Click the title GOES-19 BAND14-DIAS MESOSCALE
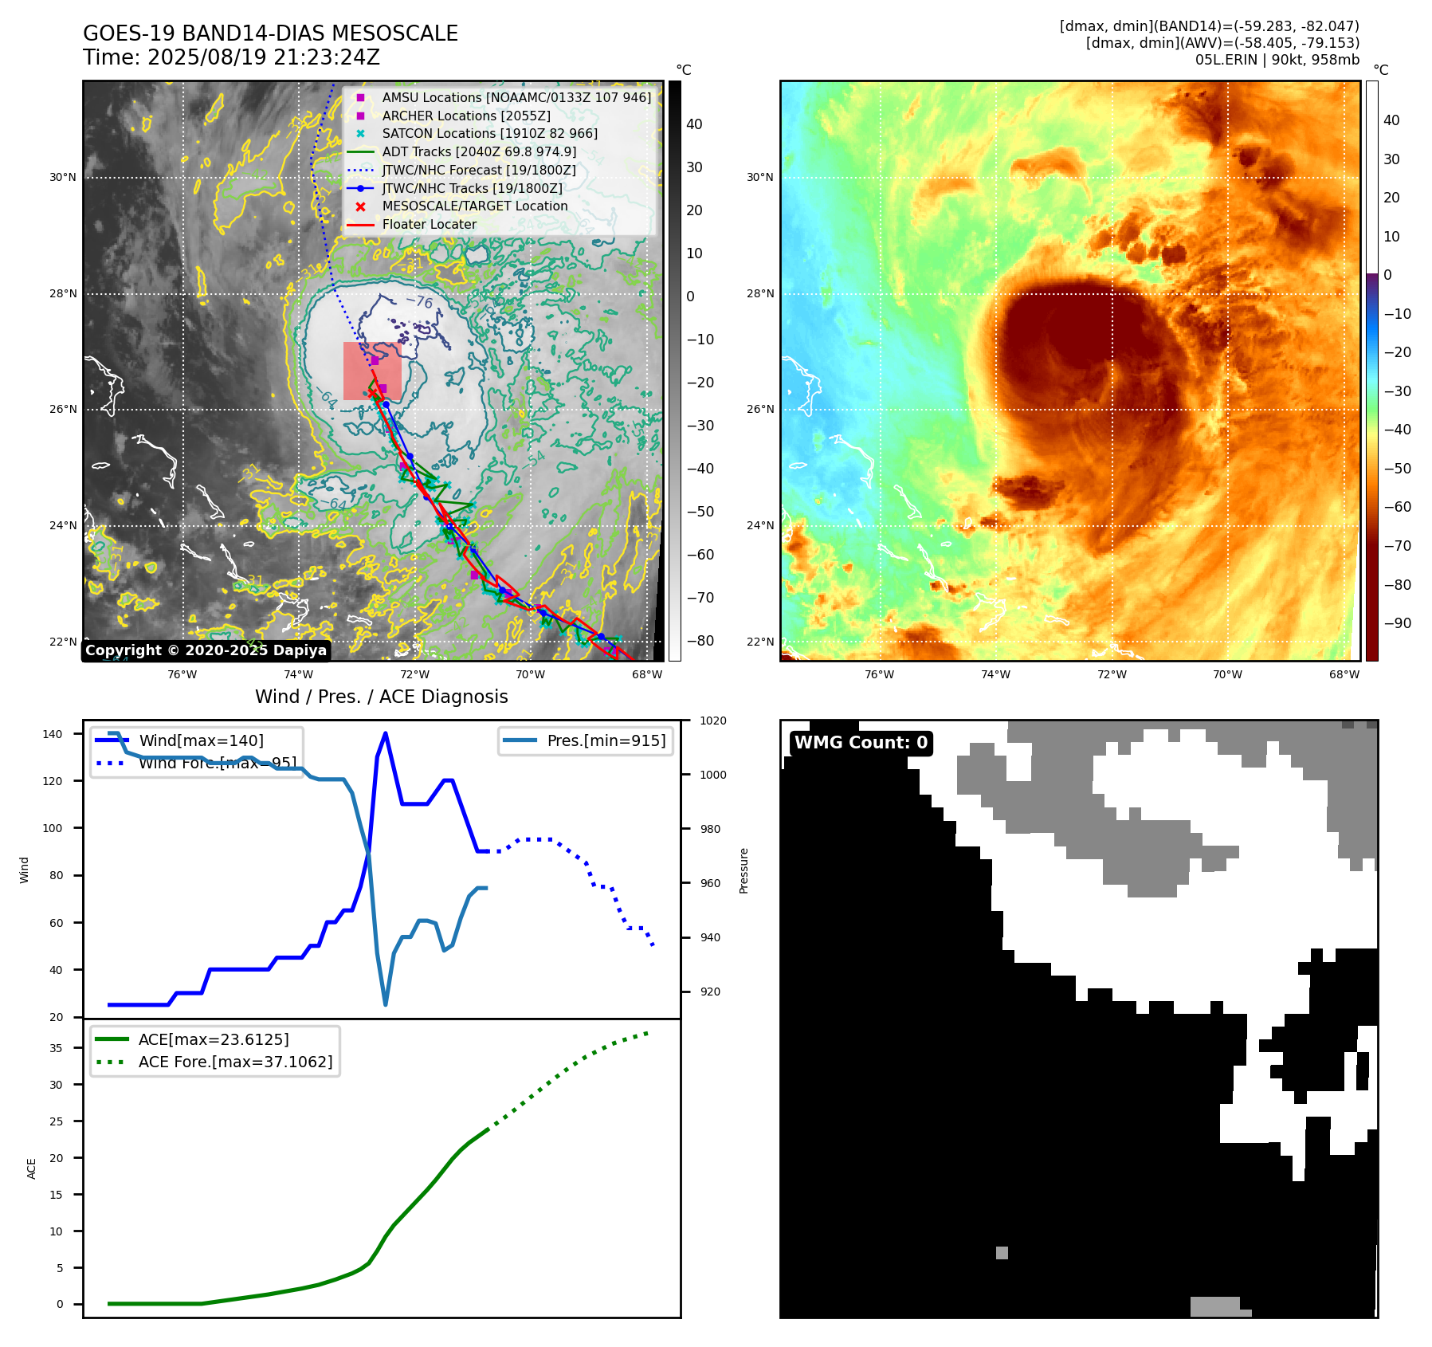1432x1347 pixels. click(270, 33)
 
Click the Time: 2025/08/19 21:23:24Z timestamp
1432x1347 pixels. click(231, 57)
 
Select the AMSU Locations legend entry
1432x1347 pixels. click(516, 97)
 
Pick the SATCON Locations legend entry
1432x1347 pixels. click(489, 133)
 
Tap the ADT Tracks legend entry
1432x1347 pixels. click(479, 151)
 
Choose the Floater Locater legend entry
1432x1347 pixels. click(429, 224)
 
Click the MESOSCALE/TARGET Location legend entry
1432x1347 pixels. click(474, 206)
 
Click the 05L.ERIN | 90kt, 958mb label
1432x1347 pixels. click(1277, 60)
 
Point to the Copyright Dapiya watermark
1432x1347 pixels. click(206, 650)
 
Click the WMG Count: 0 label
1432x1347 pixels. click(861, 743)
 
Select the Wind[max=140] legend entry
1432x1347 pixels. click(201, 740)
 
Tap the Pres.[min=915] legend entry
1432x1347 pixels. click(606, 740)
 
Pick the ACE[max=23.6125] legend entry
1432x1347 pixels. click(213, 1039)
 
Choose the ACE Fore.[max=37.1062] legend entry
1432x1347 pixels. click(235, 1062)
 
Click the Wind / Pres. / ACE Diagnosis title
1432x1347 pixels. click(381, 697)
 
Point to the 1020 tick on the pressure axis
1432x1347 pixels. click(712, 721)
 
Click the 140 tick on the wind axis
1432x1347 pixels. click(52, 734)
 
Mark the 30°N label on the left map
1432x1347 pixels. click(63, 177)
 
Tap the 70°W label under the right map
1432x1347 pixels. click(1227, 674)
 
